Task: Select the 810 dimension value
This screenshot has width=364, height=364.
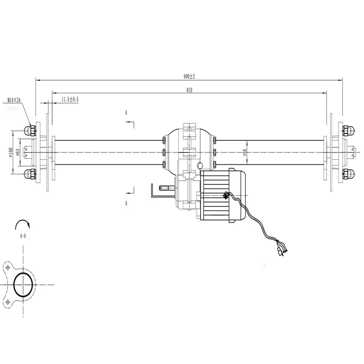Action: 189,90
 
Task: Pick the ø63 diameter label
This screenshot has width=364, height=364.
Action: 18,152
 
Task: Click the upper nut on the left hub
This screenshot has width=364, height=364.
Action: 31,131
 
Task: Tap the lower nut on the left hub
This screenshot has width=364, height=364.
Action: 31,174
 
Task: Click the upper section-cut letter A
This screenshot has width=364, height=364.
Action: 126,111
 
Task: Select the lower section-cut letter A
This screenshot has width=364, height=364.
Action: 126,203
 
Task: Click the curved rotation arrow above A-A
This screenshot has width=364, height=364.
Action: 23,223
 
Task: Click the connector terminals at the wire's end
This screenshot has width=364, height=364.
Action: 281,250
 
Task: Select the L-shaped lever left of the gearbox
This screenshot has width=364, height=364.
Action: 155,191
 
